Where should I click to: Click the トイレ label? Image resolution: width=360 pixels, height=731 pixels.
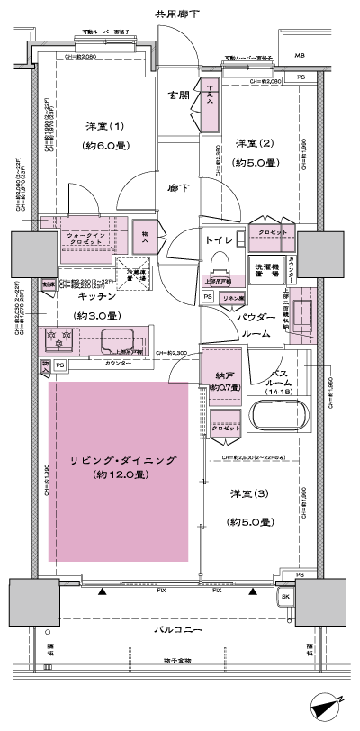pos(220,241)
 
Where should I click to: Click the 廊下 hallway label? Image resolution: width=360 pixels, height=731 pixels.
pos(178,188)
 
